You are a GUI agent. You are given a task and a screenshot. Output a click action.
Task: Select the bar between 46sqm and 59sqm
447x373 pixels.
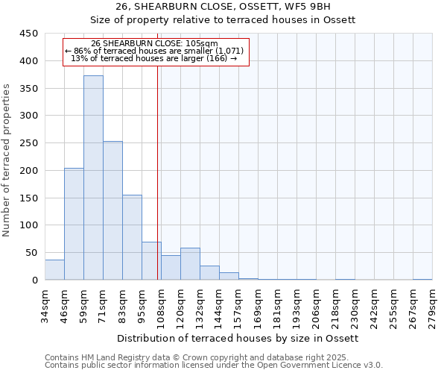click(x=74, y=224)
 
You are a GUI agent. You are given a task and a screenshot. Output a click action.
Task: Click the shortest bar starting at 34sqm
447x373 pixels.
click(x=54, y=270)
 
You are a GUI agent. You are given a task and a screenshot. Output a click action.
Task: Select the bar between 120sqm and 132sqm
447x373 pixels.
click(x=190, y=264)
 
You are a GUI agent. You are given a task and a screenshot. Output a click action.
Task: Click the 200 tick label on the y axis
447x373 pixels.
click(x=29, y=171)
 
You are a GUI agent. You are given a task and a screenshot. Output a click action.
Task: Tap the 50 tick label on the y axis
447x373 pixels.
click(x=32, y=253)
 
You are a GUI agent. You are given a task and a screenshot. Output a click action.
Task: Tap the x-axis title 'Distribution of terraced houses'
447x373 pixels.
click(x=238, y=338)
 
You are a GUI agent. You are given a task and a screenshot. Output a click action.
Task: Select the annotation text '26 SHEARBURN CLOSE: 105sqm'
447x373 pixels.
click(x=154, y=44)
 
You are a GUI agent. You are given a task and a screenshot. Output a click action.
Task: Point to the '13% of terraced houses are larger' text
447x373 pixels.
click(x=154, y=58)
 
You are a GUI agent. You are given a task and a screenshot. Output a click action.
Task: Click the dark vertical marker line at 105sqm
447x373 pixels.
click(x=157, y=172)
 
